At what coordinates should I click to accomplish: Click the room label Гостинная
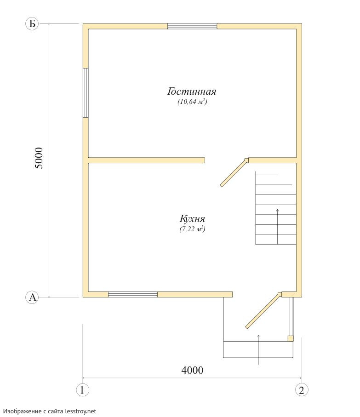tap(192, 91)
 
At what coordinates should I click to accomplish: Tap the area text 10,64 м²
tap(192, 102)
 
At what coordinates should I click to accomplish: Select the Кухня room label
tap(192, 219)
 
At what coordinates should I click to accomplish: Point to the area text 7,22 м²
tap(192, 229)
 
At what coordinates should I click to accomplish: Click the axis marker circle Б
tap(32, 24)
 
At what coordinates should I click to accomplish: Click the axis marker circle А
tap(32, 297)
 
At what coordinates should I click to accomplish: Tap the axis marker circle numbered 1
tap(82, 390)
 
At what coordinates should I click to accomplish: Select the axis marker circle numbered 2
tap(302, 390)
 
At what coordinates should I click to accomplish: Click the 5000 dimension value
tap(39, 158)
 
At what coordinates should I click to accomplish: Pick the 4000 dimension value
tap(192, 370)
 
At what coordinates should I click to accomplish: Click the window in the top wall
tap(192, 26)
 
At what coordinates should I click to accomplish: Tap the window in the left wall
tap(86, 93)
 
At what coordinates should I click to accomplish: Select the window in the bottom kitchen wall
tap(133, 294)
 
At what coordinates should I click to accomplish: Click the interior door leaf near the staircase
tap(234, 172)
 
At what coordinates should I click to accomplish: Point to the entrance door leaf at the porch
tap(263, 310)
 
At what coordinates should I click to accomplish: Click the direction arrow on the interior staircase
tap(278, 227)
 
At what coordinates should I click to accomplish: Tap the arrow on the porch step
tap(259, 350)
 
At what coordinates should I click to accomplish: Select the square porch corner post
tap(291, 338)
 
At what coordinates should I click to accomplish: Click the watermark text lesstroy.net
tap(81, 411)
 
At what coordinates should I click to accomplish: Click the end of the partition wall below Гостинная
tap(205, 160)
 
